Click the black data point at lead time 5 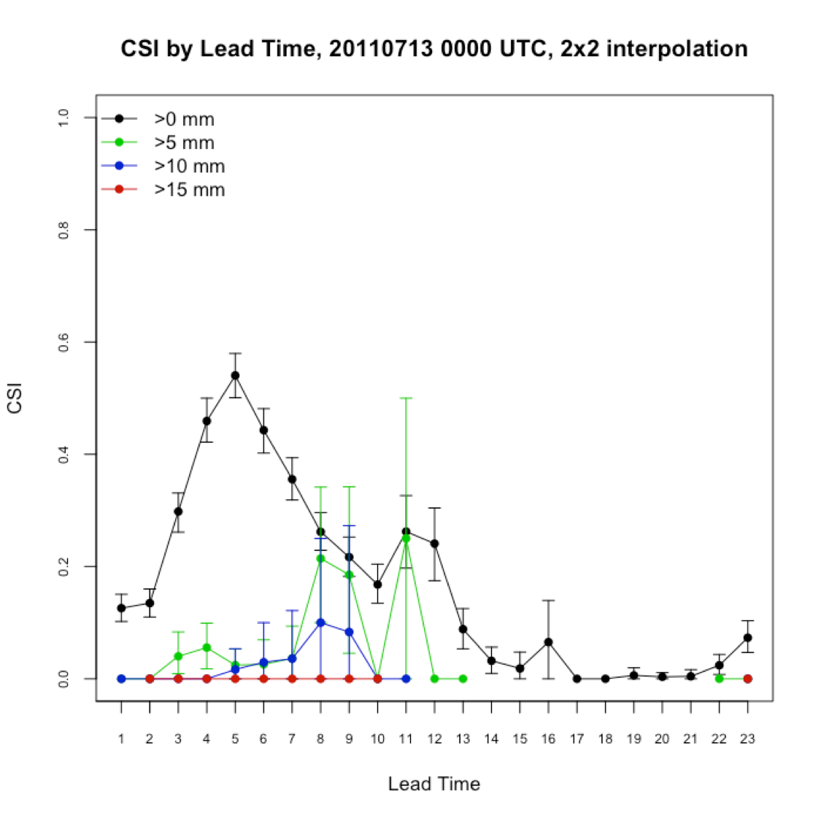(x=235, y=375)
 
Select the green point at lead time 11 (x=406, y=539)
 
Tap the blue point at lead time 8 (x=320, y=623)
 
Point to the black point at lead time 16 (x=548, y=642)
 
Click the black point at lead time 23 (x=747, y=638)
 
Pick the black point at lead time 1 (x=121, y=608)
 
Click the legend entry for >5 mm (x=184, y=142)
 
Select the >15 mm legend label (x=189, y=190)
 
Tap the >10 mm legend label (x=189, y=166)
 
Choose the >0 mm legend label (x=184, y=119)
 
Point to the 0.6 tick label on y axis (x=63, y=342)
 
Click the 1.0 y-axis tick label (x=63, y=117)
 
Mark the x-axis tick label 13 (x=463, y=739)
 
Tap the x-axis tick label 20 (x=662, y=739)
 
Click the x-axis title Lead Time (x=433, y=784)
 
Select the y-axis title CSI (x=15, y=398)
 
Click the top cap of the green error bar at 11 (x=406, y=398)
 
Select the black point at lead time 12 (x=434, y=544)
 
